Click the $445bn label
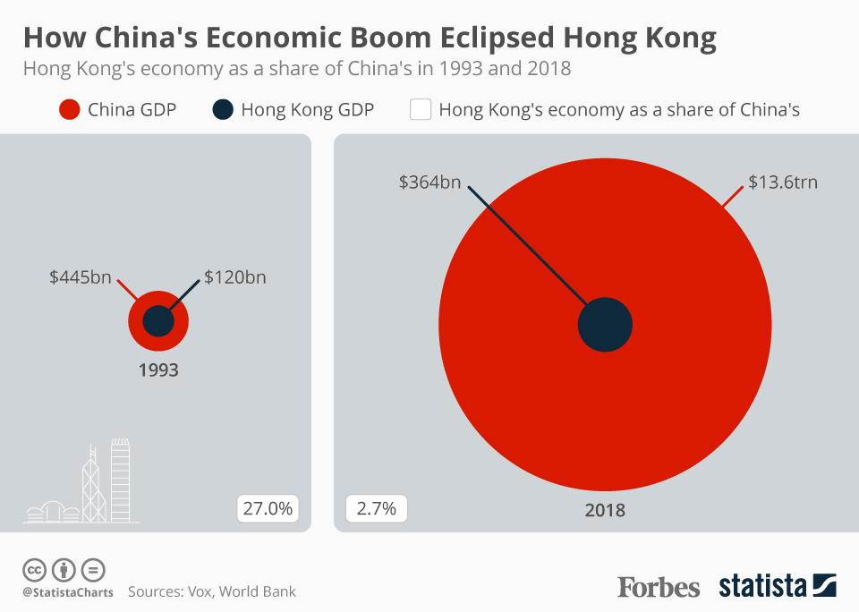81,277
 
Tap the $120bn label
234,277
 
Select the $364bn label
429,183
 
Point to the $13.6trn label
783,183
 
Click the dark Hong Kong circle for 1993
158,320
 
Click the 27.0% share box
268,508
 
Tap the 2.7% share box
376,508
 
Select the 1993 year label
158,369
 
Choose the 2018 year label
605,511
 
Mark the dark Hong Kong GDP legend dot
224,110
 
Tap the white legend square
421,110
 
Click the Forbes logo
659,587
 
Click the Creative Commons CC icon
34,569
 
